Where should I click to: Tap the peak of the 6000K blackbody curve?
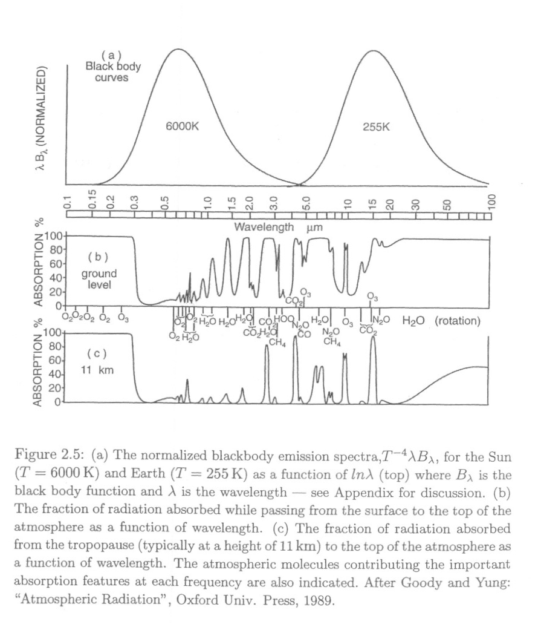(x=178, y=49)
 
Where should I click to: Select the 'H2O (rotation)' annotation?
(x=441, y=320)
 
